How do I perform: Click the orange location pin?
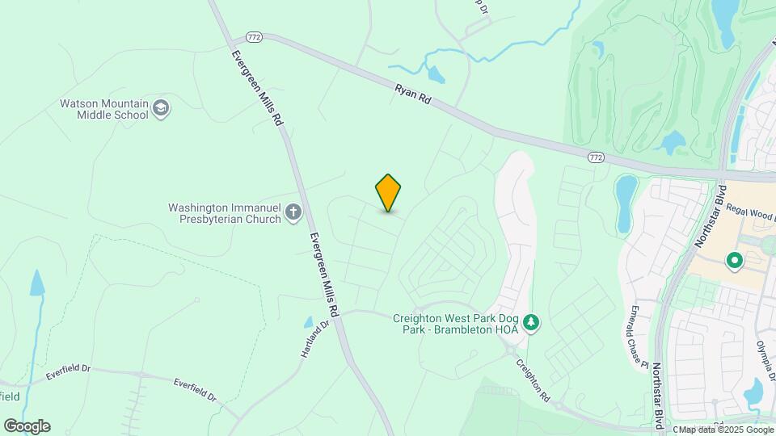point(389,192)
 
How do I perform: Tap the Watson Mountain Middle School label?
point(104,109)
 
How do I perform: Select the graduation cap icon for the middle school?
point(161,109)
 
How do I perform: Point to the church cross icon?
point(293,213)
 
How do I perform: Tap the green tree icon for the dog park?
point(531,323)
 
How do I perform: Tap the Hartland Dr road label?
point(314,342)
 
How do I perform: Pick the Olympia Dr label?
point(765,356)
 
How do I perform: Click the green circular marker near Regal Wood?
point(735,260)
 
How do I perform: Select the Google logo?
point(27,426)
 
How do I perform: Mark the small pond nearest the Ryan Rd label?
point(436,75)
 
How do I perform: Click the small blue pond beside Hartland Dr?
point(308,322)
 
